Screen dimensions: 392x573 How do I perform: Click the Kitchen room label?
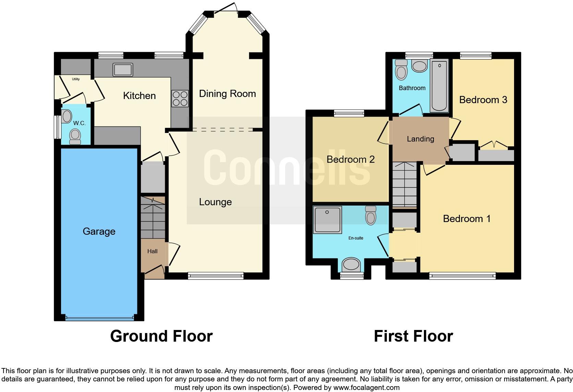(139, 96)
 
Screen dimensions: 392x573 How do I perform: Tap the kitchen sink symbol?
(122, 70)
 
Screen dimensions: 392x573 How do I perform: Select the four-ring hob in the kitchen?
(180, 98)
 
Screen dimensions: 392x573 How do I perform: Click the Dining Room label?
(227, 94)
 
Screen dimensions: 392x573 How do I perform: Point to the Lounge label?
(215, 202)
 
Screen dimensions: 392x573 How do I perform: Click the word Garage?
(99, 231)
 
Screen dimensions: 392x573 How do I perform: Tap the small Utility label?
(76, 79)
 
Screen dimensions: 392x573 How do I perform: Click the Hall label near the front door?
(152, 251)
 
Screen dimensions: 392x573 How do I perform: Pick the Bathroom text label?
(412, 88)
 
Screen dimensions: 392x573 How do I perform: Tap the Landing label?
(420, 139)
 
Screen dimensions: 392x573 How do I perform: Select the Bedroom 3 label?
(483, 100)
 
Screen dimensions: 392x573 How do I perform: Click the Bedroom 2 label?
(350, 159)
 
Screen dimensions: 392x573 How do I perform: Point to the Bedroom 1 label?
(466, 219)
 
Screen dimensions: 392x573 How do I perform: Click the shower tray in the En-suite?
(327, 220)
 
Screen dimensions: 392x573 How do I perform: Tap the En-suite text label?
(355, 238)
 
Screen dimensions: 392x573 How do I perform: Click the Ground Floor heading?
(161, 336)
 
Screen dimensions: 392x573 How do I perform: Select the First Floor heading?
(413, 336)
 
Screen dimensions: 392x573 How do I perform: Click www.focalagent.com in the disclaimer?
(366, 388)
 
